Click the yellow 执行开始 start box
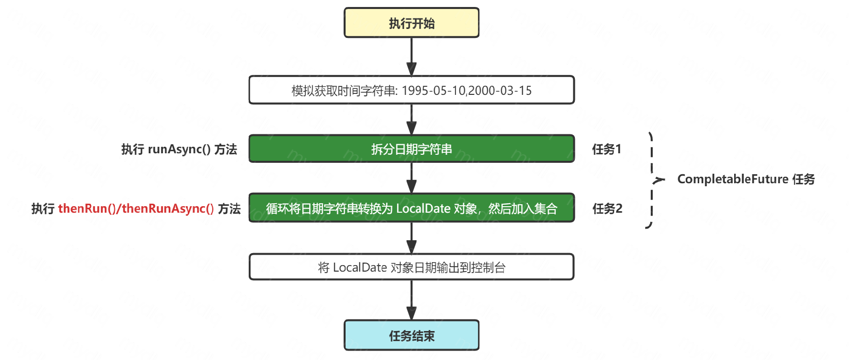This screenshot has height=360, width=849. (x=412, y=23)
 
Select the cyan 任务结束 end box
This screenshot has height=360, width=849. (x=412, y=336)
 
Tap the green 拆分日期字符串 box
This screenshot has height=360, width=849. (x=412, y=149)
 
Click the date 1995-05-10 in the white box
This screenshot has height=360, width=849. (x=433, y=91)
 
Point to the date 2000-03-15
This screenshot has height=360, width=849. (x=500, y=91)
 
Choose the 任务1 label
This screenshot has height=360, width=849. (x=606, y=149)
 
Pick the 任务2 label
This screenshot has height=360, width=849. (x=607, y=209)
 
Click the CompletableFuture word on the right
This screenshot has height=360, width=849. (x=733, y=179)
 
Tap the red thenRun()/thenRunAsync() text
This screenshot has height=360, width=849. (x=136, y=209)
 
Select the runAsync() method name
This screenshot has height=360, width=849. (x=179, y=149)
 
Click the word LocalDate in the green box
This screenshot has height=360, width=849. (x=423, y=209)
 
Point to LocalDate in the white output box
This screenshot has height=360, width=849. (x=360, y=268)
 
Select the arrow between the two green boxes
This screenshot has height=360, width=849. (x=412, y=178)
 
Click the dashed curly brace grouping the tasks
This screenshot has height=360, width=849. (x=652, y=180)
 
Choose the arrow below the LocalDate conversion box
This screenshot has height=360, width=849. (x=412, y=238)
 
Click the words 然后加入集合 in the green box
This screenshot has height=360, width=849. (x=522, y=209)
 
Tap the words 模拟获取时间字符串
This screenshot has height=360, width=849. (x=344, y=91)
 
